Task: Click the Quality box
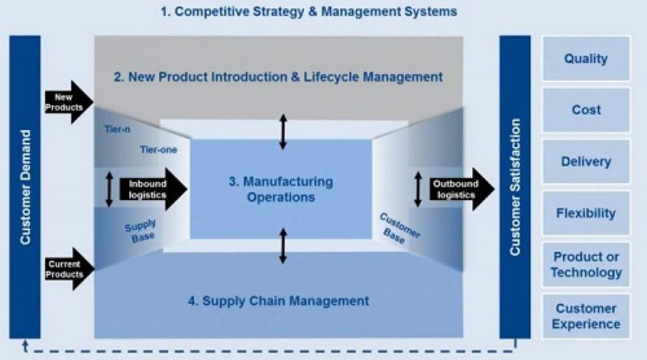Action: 586,59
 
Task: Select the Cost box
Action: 586,110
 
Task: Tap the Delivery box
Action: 586,162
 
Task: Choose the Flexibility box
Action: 586,213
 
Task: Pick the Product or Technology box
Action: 586,264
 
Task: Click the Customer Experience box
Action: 586,316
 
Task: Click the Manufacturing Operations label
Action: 280,189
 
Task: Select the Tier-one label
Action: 158,150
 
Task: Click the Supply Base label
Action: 140,229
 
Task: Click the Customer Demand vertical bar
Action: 25,187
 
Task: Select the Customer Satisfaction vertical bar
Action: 515,187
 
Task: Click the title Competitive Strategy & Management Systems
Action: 309,12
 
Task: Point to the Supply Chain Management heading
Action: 278,301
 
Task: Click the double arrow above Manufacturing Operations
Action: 284,131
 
